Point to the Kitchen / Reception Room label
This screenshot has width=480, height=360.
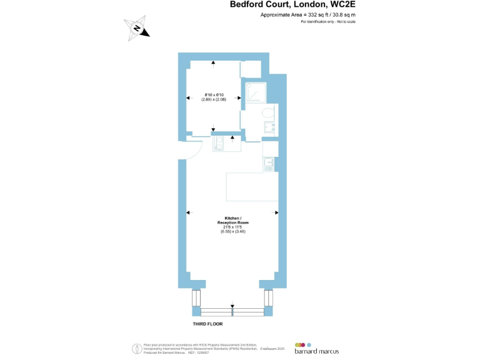(232, 220)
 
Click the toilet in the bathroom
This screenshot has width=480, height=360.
(267, 113)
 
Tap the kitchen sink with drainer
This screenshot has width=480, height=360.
(268, 164)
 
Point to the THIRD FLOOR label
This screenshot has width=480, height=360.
(207, 324)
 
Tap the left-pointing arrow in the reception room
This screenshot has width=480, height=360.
(188, 213)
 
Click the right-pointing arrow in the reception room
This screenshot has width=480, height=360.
(276, 213)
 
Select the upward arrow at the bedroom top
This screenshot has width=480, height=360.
(214, 63)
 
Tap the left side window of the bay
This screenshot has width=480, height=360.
(197, 299)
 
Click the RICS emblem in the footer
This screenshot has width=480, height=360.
(136, 348)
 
